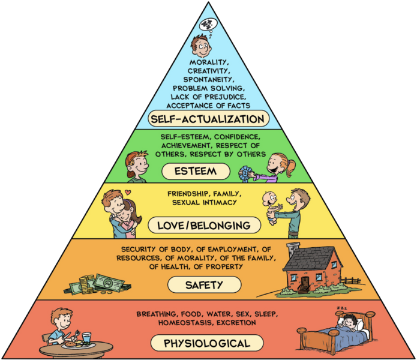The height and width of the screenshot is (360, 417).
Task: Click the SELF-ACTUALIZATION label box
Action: point(208,119)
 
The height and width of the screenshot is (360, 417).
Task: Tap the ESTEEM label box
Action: point(195,172)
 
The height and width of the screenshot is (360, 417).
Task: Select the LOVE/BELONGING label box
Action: point(204,226)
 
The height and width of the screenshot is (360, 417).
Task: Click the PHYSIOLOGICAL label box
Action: point(207,344)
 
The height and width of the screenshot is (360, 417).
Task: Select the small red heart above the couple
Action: point(128,192)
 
